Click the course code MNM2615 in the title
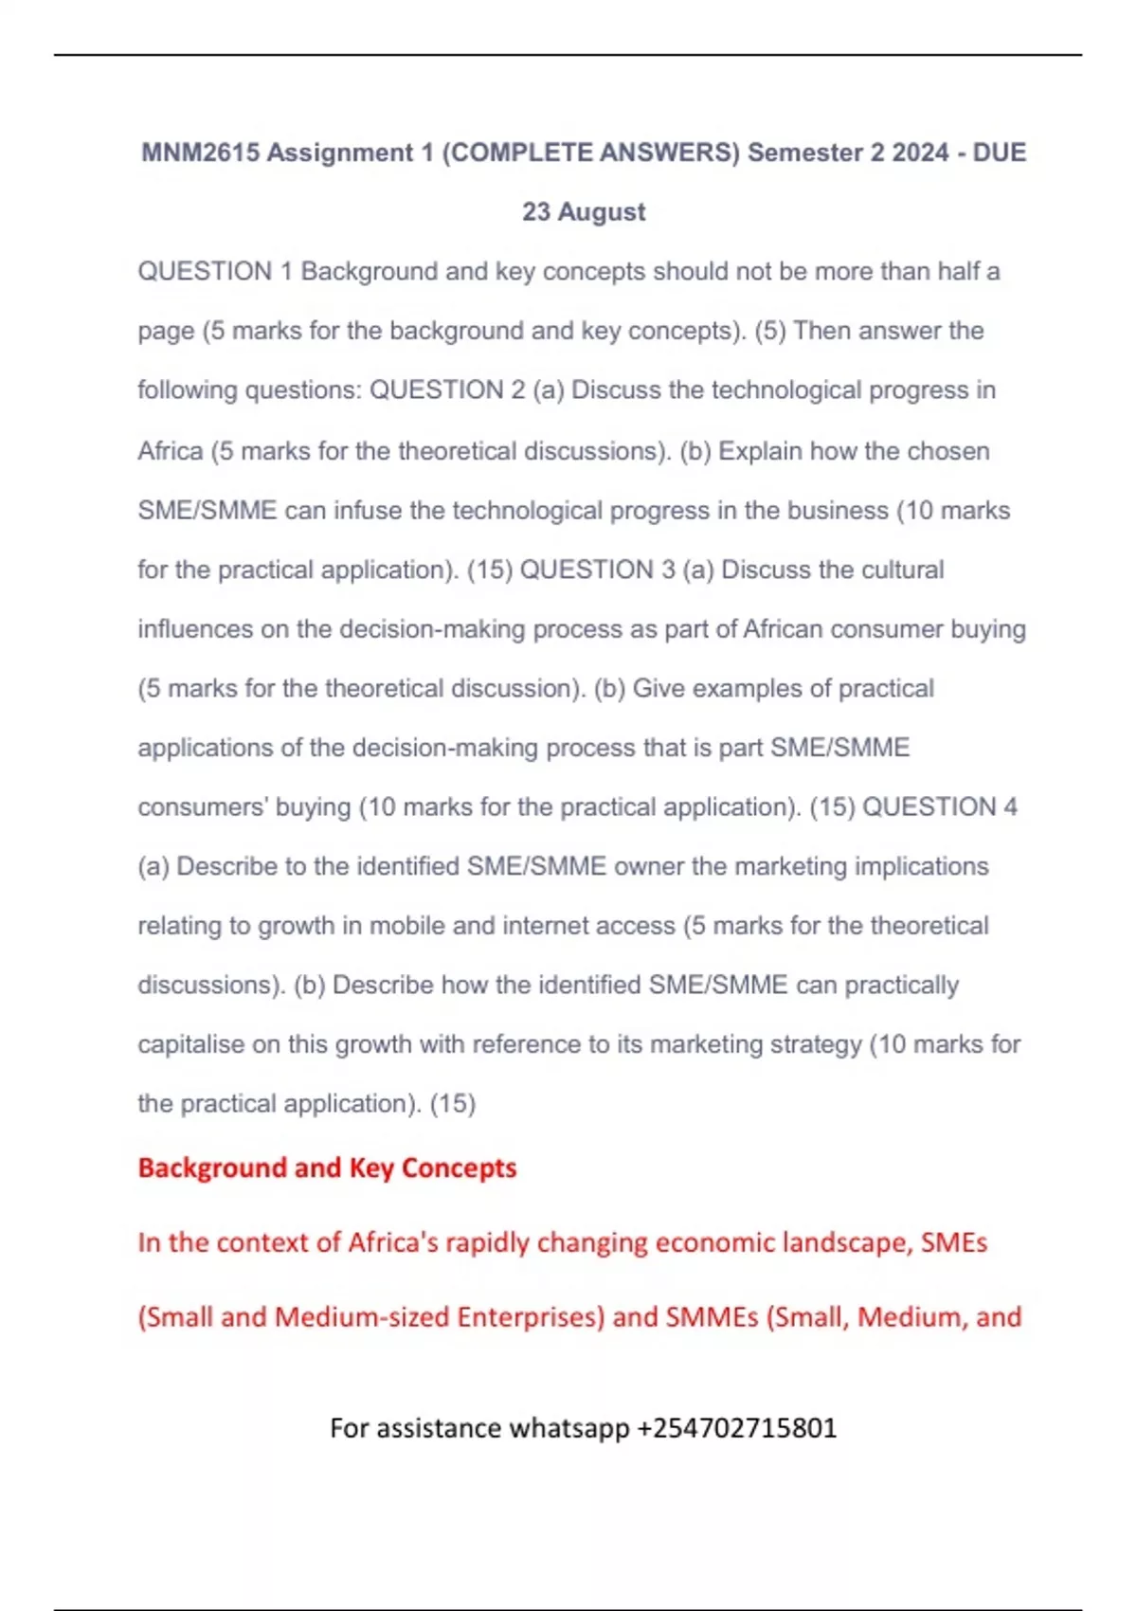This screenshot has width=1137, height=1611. click(x=200, y=153)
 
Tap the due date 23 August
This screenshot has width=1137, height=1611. click(x=584, y=211)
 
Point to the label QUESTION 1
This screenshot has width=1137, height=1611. click(x=215, y=272)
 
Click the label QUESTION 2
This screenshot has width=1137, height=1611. click(x=446, y=390)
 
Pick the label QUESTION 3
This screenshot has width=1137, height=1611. click(x=598, y=570)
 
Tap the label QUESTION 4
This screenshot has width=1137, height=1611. click(x=940, y=806)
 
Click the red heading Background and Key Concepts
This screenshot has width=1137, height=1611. click(x=327, y=1168)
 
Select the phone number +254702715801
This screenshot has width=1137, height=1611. click(x=737, y=1428)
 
